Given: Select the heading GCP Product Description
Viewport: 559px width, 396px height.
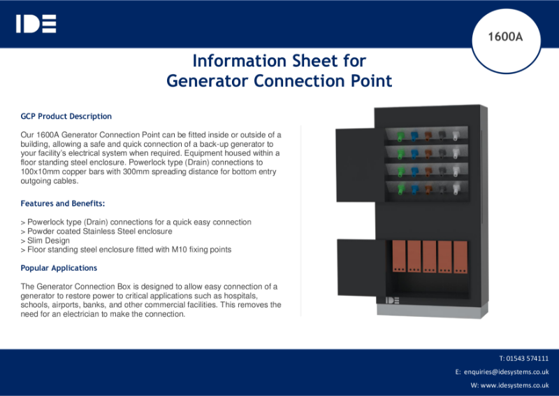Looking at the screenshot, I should [x=66, y=116].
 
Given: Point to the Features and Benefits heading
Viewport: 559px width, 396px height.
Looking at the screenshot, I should [x=63, y=204].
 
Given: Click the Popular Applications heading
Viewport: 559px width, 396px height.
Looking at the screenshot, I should [x=59, y=268].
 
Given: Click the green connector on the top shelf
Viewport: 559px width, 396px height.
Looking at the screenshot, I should [x=401, y=135].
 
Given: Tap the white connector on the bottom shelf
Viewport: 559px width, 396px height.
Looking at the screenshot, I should [x=456, y=188].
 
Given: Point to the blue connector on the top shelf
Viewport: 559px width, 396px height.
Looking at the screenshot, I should [x=414, y=135].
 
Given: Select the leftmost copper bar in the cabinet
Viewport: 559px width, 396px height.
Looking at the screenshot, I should [x=399, y=257].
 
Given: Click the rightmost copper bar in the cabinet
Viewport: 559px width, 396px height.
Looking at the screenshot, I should [x=460, y=257].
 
